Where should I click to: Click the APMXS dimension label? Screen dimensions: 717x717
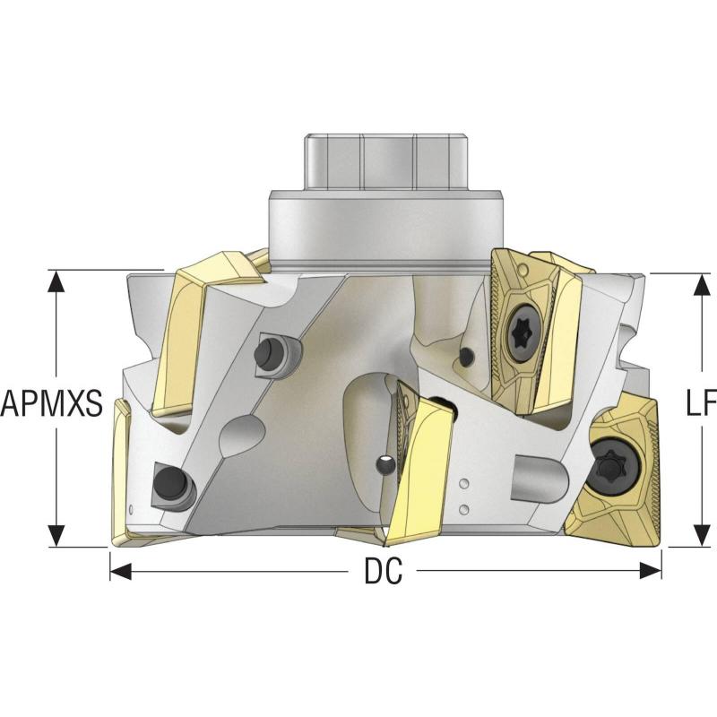tap(52, 403)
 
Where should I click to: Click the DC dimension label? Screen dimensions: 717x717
tap(384, 571)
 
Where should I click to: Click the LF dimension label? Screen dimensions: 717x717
tap(702, 402)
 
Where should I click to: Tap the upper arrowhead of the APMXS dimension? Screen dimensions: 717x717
tap(56, 281)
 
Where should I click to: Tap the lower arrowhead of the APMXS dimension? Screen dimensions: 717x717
tap(56, 536)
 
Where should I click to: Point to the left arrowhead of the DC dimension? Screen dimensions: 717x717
tap(121, 571)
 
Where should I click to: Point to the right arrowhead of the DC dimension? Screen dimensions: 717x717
tap(651, 571)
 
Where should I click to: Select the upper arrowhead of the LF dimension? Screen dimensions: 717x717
tap(702, 284)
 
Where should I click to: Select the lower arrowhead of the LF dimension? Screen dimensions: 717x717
tap(702, 536)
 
